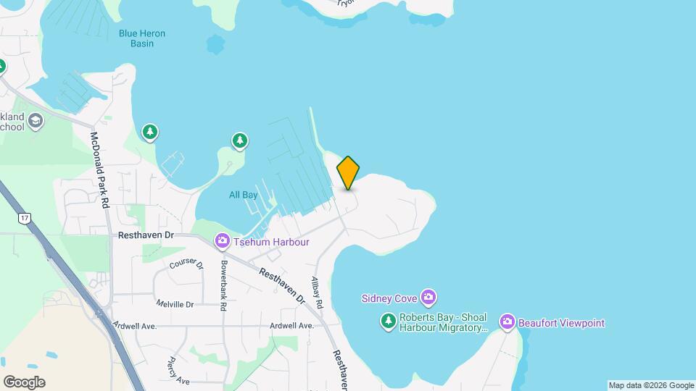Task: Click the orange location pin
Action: click(x=348, y=172)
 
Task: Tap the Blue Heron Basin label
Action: click(x=143, y=38)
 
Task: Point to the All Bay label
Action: click(x=243, y=195)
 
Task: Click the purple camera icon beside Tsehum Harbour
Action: click(x=222, y=241)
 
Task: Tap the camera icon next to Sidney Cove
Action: click(x=429, y=298)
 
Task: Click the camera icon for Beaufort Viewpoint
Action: click(x=507, y=322)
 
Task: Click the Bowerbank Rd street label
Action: click(x=223, y=285)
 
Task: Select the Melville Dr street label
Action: click(x=175, y=305)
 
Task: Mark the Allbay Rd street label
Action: click(x=315, y=293)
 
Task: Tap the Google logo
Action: click(x=23, y=382)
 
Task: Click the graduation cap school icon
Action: click(x=34, y=123)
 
